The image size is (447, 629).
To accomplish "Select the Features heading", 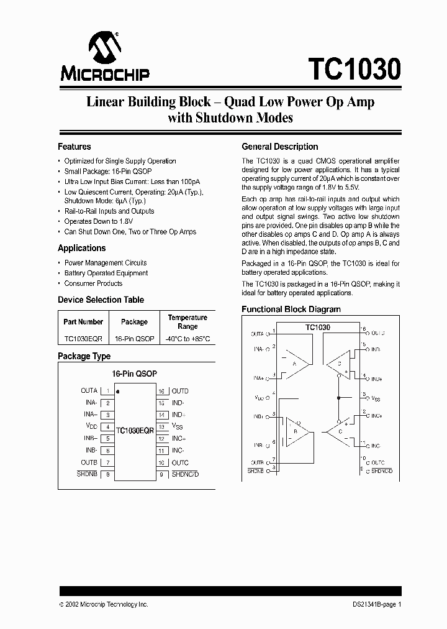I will coord(74,147).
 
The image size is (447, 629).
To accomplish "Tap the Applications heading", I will coord(82,248).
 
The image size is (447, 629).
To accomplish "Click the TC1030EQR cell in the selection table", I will coord(83,339).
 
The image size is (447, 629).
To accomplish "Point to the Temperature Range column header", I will coord(187,322).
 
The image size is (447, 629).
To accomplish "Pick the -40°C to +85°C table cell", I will coord(187,339).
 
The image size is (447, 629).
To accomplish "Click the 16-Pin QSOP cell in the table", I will coord(134,339).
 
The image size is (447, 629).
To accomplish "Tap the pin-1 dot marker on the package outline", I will coord(118,392).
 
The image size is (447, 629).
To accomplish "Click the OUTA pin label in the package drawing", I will coord(89,390).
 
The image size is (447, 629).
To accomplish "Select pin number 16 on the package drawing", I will coord(161,392).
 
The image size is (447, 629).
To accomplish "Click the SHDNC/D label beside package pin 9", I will coord(185,474).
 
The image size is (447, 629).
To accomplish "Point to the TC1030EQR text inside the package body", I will coord(134,430).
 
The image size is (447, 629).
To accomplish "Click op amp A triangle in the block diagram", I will coord(294,364).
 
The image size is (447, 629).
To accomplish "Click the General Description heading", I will coord(279,147).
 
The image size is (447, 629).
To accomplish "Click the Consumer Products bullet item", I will coord(93,283).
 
